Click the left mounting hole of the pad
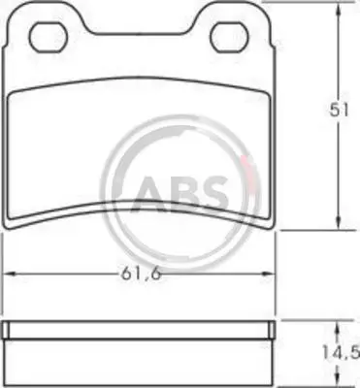[x=49, y=37]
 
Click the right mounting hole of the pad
[x=229, y=37]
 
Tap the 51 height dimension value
[x=339, y=111]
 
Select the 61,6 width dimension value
[x=141, y=275]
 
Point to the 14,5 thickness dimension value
[x=341, y=352]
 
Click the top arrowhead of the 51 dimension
[x=339, y=9]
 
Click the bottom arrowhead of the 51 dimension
[x=339, y=223]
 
